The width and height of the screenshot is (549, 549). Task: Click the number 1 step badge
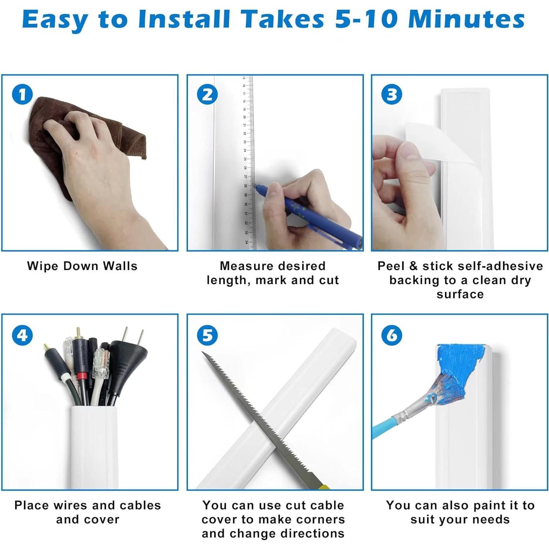point(22,95)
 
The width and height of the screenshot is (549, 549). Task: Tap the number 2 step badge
point(207,95)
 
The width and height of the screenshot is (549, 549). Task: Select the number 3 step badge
point(392,95)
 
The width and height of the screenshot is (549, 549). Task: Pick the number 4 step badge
point(22,335)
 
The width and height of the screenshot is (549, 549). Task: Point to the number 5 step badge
point(207,335)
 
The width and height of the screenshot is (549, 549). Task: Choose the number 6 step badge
point(392,335)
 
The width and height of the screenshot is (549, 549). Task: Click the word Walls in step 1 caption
point(119,266)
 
